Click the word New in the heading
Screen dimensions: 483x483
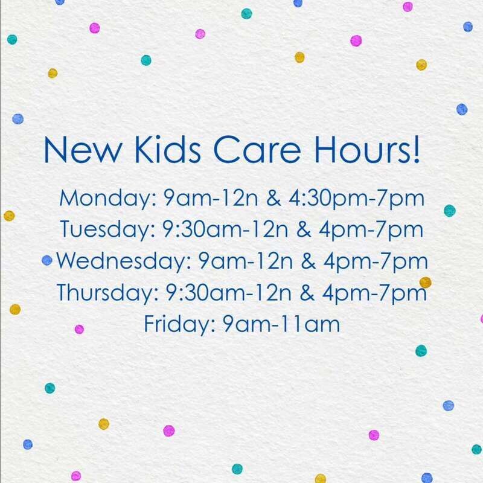click(83, 150)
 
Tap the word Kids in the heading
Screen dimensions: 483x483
click(168, 149)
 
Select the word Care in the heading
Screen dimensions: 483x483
click(257, 150)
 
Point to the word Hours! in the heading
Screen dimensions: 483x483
click(367, 149)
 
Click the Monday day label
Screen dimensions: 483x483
click(108, 199)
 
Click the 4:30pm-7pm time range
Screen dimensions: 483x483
click(356, 199)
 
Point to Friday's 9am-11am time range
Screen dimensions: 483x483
click(281, 324)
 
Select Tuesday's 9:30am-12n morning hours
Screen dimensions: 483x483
click(225, 229)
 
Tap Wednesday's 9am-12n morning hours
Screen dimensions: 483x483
click(245, 261)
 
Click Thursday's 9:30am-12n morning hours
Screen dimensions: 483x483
click(229, 293)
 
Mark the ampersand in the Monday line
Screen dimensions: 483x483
click(273, 198)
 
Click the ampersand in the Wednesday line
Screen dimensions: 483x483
click(308, 261)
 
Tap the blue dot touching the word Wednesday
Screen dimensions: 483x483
click(47, 260)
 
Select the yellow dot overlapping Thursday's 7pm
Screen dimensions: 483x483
click(426, 282)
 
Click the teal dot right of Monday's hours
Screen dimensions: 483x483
click(450, 211)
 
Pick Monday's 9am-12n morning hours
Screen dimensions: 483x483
click(210, 198)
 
